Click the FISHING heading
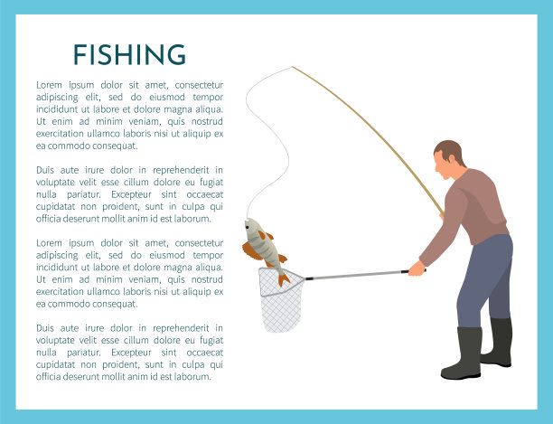(129, 54)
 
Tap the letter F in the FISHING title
(80, 54)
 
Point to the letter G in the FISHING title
(176, 54)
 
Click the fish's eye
(247, 224)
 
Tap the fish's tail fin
(283, 279)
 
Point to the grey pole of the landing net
(357, 275)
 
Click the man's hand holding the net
(417, 269)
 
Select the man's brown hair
(451, 151)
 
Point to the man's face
(443, 166)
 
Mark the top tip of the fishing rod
(293, 67)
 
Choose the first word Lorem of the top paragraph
(49, 85)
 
